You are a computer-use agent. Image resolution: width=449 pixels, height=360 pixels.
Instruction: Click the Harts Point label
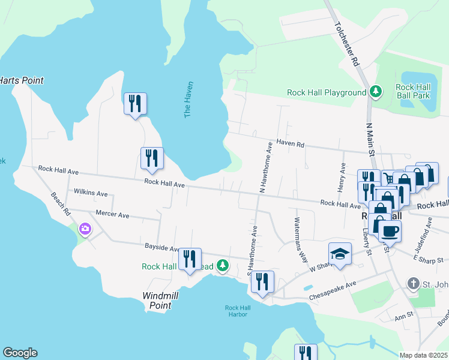click(22, 80)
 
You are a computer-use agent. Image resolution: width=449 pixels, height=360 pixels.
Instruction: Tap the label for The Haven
click(188, 99)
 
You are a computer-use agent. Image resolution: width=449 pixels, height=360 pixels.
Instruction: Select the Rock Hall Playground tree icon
click(376, 92)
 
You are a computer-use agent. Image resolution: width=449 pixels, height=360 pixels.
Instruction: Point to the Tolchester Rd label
click(346, 45)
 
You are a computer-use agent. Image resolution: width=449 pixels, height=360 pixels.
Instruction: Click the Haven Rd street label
click(291, 144)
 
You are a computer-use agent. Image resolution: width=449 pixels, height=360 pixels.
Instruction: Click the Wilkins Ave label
click(90, 193)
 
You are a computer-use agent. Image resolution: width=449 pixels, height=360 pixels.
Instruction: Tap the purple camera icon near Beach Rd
click(85, 228)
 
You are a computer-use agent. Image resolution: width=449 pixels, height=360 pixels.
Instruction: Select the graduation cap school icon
click(340, 253)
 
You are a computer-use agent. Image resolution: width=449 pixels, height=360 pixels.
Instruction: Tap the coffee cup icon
click(390, 230)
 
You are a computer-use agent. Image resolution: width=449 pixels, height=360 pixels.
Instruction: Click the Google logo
click(20, 353)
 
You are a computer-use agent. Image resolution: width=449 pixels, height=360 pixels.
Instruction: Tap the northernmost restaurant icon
click(135, 103)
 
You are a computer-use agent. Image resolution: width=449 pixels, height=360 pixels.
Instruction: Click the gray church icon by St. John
click(413, 283)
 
